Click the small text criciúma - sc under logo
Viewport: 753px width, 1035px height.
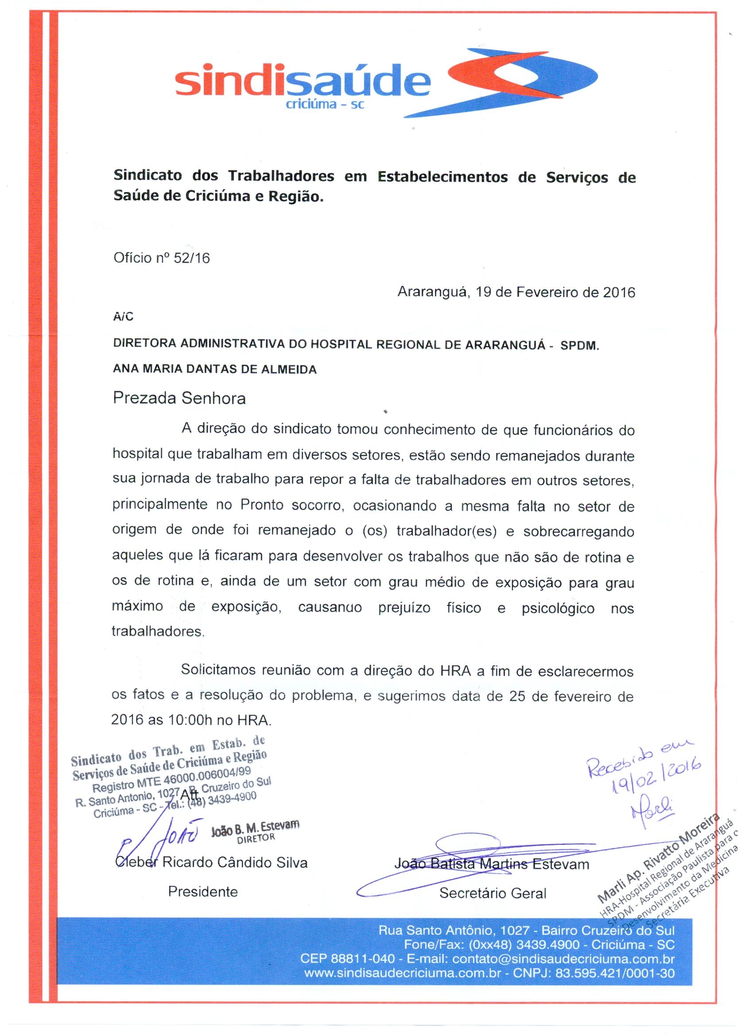(x=325, y=104)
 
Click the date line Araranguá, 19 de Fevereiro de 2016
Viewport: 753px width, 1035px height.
(x=516, y=292)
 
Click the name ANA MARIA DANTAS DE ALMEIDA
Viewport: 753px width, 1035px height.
(x=215, y=369)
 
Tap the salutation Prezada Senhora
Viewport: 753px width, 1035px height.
(x=179, y=398)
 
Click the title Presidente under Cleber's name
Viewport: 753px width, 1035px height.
(x=203, y=892)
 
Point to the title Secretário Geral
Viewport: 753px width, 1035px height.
(x=492, y=893)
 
